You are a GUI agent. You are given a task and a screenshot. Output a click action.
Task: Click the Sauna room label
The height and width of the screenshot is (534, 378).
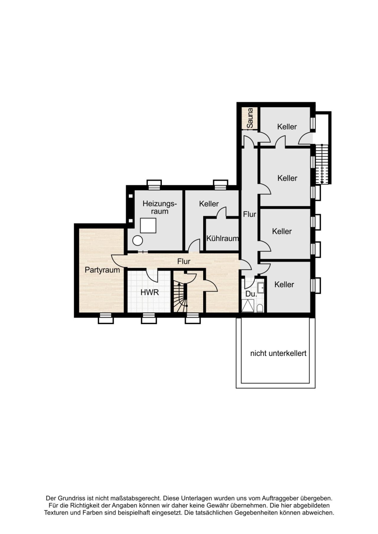click(x=250, y=118)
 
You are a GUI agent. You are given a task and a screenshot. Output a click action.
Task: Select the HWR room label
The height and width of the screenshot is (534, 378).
click(x=150, y=292)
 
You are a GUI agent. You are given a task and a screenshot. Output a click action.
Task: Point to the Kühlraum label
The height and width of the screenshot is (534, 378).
click(x=222, y=238)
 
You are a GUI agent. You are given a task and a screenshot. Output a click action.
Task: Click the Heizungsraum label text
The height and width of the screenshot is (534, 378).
click(x=159, y=207)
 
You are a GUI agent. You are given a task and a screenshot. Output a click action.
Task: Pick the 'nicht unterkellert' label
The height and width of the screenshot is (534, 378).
click(x=278, y=353)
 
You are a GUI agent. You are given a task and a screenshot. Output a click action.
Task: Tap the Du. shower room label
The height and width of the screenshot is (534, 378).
click(x=251, y=294)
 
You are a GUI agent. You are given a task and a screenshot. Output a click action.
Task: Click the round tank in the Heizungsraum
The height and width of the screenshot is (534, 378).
click(x=138, y=241)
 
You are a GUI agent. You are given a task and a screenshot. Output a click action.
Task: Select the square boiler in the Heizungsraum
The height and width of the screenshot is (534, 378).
click(x=148, y=226)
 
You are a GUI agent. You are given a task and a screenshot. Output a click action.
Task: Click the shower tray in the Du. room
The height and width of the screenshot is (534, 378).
click(x=247, y=306)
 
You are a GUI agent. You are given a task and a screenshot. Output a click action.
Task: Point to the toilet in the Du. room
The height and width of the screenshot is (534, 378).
click(x=260, y=308)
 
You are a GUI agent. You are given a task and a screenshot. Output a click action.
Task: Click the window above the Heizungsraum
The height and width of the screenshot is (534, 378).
click(x=154, y=185)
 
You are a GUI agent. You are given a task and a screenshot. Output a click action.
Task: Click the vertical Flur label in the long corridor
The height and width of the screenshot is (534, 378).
click(x=250, y=214)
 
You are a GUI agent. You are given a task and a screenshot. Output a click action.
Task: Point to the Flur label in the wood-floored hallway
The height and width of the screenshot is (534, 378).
click(x=184, y=261)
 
